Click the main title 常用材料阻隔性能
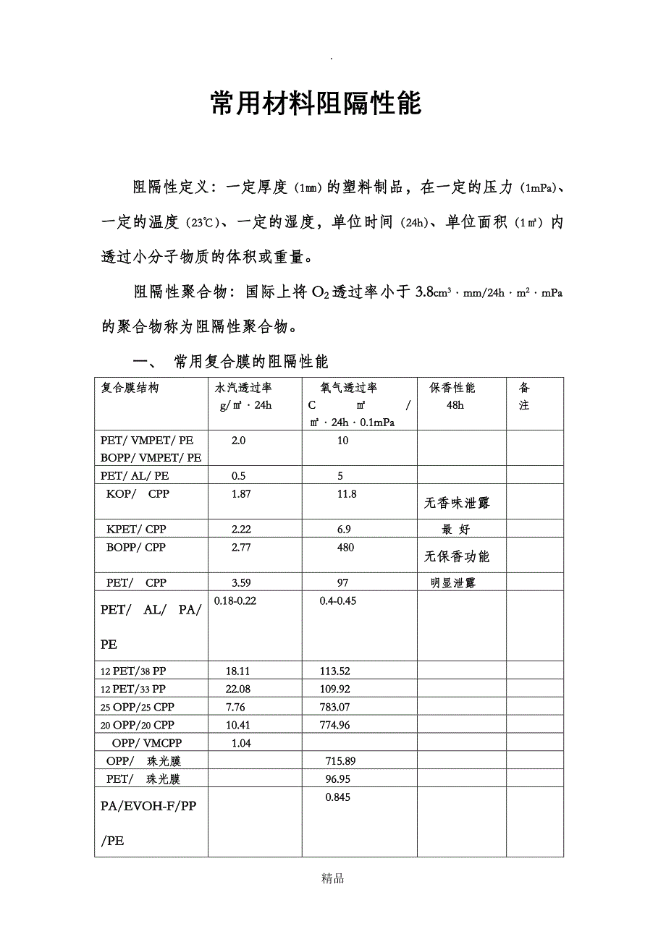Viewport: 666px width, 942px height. point(316,104)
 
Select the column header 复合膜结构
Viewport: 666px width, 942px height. point(130,388)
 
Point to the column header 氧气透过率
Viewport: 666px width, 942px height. point(350,388)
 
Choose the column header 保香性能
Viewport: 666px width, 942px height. point(452,388)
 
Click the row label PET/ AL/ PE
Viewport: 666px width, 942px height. point(135,476)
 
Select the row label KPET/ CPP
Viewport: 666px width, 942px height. point(136,530)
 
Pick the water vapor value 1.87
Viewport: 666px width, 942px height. point(241,494)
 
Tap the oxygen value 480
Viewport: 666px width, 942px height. point(345,548)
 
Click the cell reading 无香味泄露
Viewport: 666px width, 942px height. point(457,503)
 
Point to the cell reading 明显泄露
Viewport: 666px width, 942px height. point(453,583)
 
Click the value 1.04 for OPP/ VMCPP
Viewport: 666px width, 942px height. point(241,743)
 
